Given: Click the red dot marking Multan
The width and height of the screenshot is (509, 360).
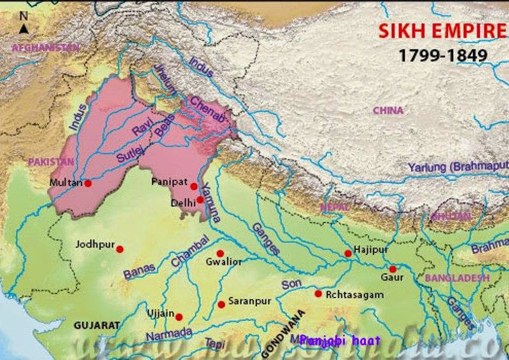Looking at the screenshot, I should click(x=88, y=183).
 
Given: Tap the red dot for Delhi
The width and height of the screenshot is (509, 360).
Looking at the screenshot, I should click(x=200, y=200).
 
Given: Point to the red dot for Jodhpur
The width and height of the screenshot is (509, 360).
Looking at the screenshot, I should click(x=119, y=249).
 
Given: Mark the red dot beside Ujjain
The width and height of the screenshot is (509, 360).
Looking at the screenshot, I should click(x=179, y=317).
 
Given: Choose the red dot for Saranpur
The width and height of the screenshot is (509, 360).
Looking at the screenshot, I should click(x=221, y=305).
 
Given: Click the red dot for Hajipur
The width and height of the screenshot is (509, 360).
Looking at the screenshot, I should click(x=348, y=254).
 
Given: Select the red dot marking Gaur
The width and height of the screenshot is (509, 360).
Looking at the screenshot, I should click(x=393, y=269).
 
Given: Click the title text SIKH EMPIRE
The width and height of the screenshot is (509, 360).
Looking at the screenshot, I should click(x=433, y=31).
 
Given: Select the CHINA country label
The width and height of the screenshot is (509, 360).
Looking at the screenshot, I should click(x=387, y=111).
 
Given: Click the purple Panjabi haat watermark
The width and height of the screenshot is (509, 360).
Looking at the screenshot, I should click(x=339, y=340).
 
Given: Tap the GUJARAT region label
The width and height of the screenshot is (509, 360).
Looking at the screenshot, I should click(x=97, y=325).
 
